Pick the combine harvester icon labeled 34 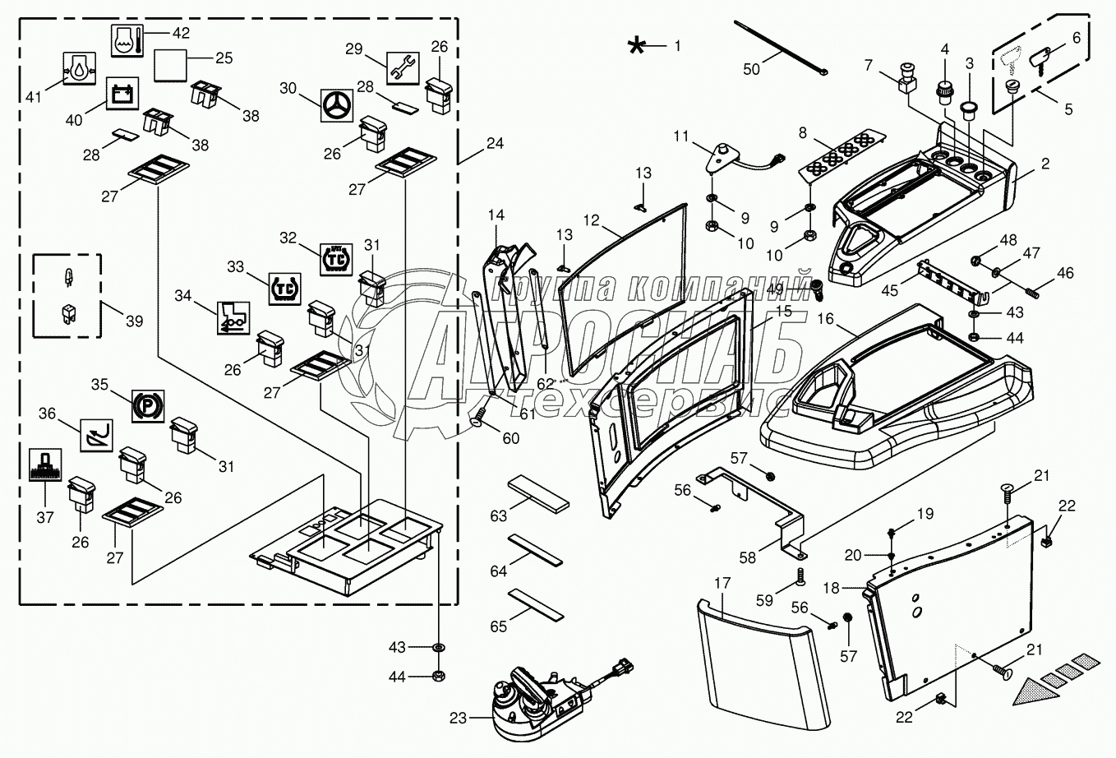click(232, 317)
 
